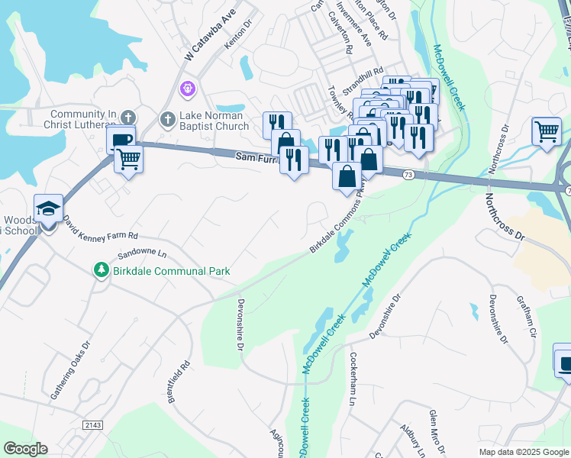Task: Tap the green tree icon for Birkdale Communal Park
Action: click(100, 270)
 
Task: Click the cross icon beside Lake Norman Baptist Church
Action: click(167, 119)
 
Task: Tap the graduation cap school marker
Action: click(48, 208)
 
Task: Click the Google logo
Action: click(25, 449)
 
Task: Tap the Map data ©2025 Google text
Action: click(523, 452)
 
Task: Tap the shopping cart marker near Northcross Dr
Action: click(547, 131)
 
